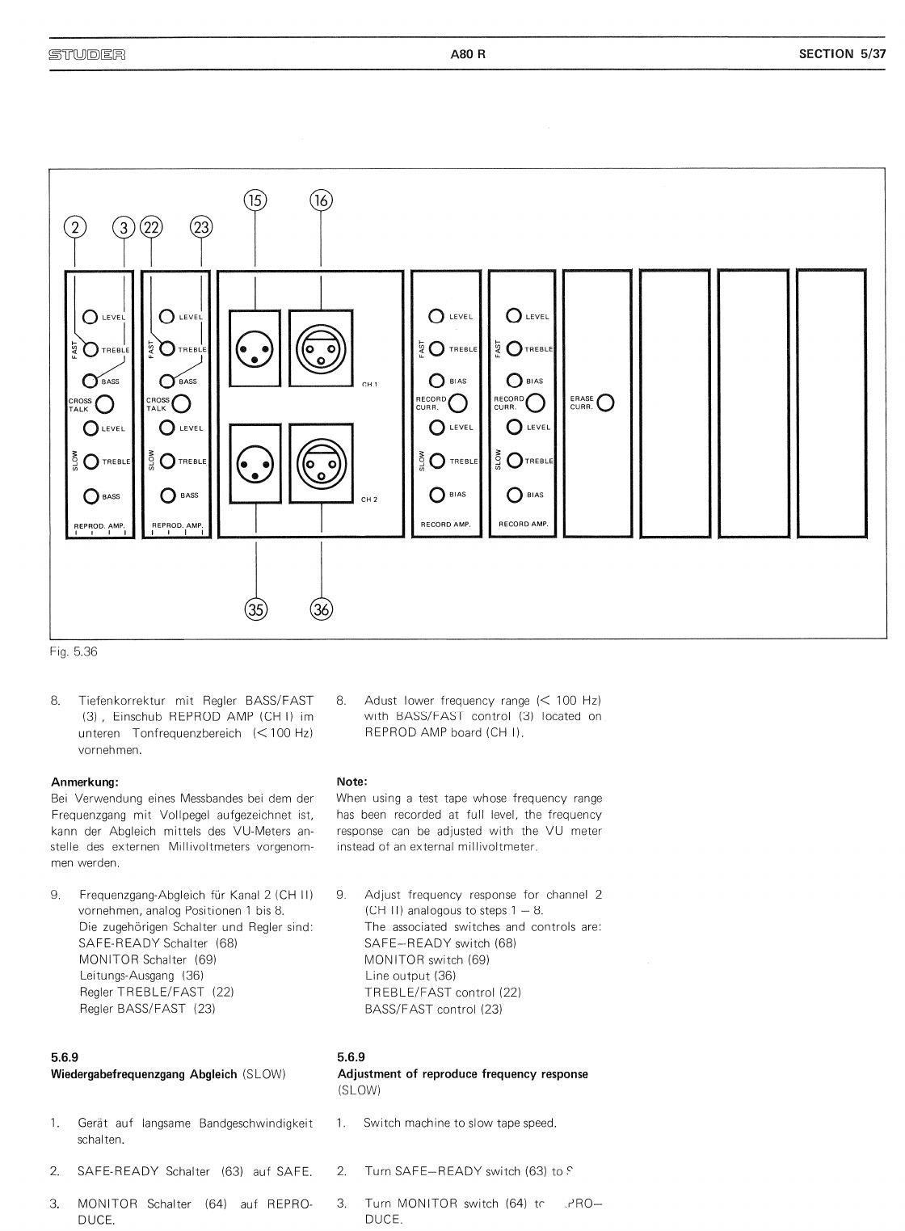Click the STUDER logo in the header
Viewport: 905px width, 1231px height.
click(x=88, y=55)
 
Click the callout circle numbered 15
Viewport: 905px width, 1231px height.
click(x=255, y=200)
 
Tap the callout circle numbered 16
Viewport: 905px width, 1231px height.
click(x=322, y=200)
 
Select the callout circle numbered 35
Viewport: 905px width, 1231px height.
click(x=255, y=609)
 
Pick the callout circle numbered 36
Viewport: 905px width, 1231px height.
click(x=322, y=609)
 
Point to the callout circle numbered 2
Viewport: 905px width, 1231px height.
click(x=75, y=228)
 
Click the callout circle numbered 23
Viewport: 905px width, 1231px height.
click(x=200, y=228)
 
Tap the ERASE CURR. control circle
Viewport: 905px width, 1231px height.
click(x=604, y=402)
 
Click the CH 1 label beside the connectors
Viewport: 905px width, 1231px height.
click(x=370, y=384)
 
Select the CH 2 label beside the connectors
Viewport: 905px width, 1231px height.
click(x=370, y=500)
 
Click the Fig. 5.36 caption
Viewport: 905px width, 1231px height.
click(x=74, y=651)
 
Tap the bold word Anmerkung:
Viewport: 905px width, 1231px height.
click(x=85, y=782)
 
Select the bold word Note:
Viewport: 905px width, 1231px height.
click(x=351, y=782)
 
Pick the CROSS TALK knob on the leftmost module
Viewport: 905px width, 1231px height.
click(x=105, y=403)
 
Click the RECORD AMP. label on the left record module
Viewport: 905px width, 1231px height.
click(x=446, y=525)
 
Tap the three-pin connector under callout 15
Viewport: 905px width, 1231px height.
click(x=255, y=350)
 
